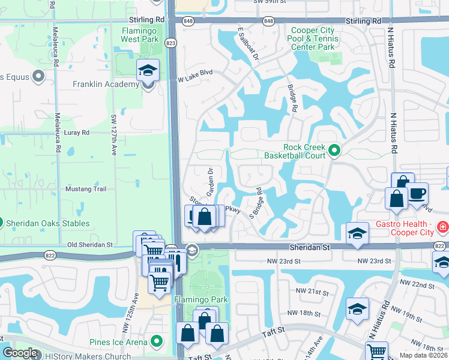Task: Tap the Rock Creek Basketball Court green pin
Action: pyautogui.click(x=334, y=150)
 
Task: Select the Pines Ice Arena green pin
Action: pyautogui.click(x=157, y=341)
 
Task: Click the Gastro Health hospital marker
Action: pyautogui.click(x=442, y=227)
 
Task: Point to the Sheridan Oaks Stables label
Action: pyautogui.click(x=48, y=224)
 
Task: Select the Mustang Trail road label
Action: pyautogui.click(x=89, y=189)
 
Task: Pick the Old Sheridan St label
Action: pyautogui.click(x=89, y=244)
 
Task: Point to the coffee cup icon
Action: pyautogui.click(x=417, y=193)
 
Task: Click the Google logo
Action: pyautogui.click(x=20, y=353)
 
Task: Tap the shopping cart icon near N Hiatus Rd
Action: pyautogui.click(x=376, y=352)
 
